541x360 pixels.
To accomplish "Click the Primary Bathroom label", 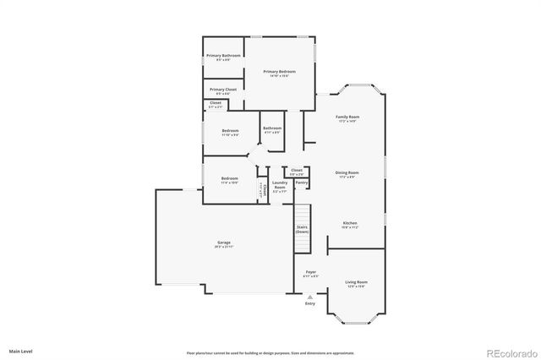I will point(223,57).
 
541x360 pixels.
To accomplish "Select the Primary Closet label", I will point(223,89).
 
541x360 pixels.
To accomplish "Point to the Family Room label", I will point(347,117).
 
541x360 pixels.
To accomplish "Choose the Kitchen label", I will point(350,225).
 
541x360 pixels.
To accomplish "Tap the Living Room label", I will point(356,282).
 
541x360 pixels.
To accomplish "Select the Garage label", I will point(224,243).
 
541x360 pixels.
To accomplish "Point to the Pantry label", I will point(301,182).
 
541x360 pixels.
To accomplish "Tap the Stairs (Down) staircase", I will point(303,228).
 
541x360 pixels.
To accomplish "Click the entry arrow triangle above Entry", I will point(310,297).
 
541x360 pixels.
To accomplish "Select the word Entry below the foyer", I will point(310,303).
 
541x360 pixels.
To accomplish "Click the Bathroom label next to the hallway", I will point(272,129).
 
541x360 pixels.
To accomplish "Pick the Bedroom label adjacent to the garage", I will point(230,179).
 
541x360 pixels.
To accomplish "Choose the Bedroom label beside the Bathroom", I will point(230,131).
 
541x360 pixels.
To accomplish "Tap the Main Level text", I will point(21,351).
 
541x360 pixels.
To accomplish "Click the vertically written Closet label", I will point(263,190).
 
